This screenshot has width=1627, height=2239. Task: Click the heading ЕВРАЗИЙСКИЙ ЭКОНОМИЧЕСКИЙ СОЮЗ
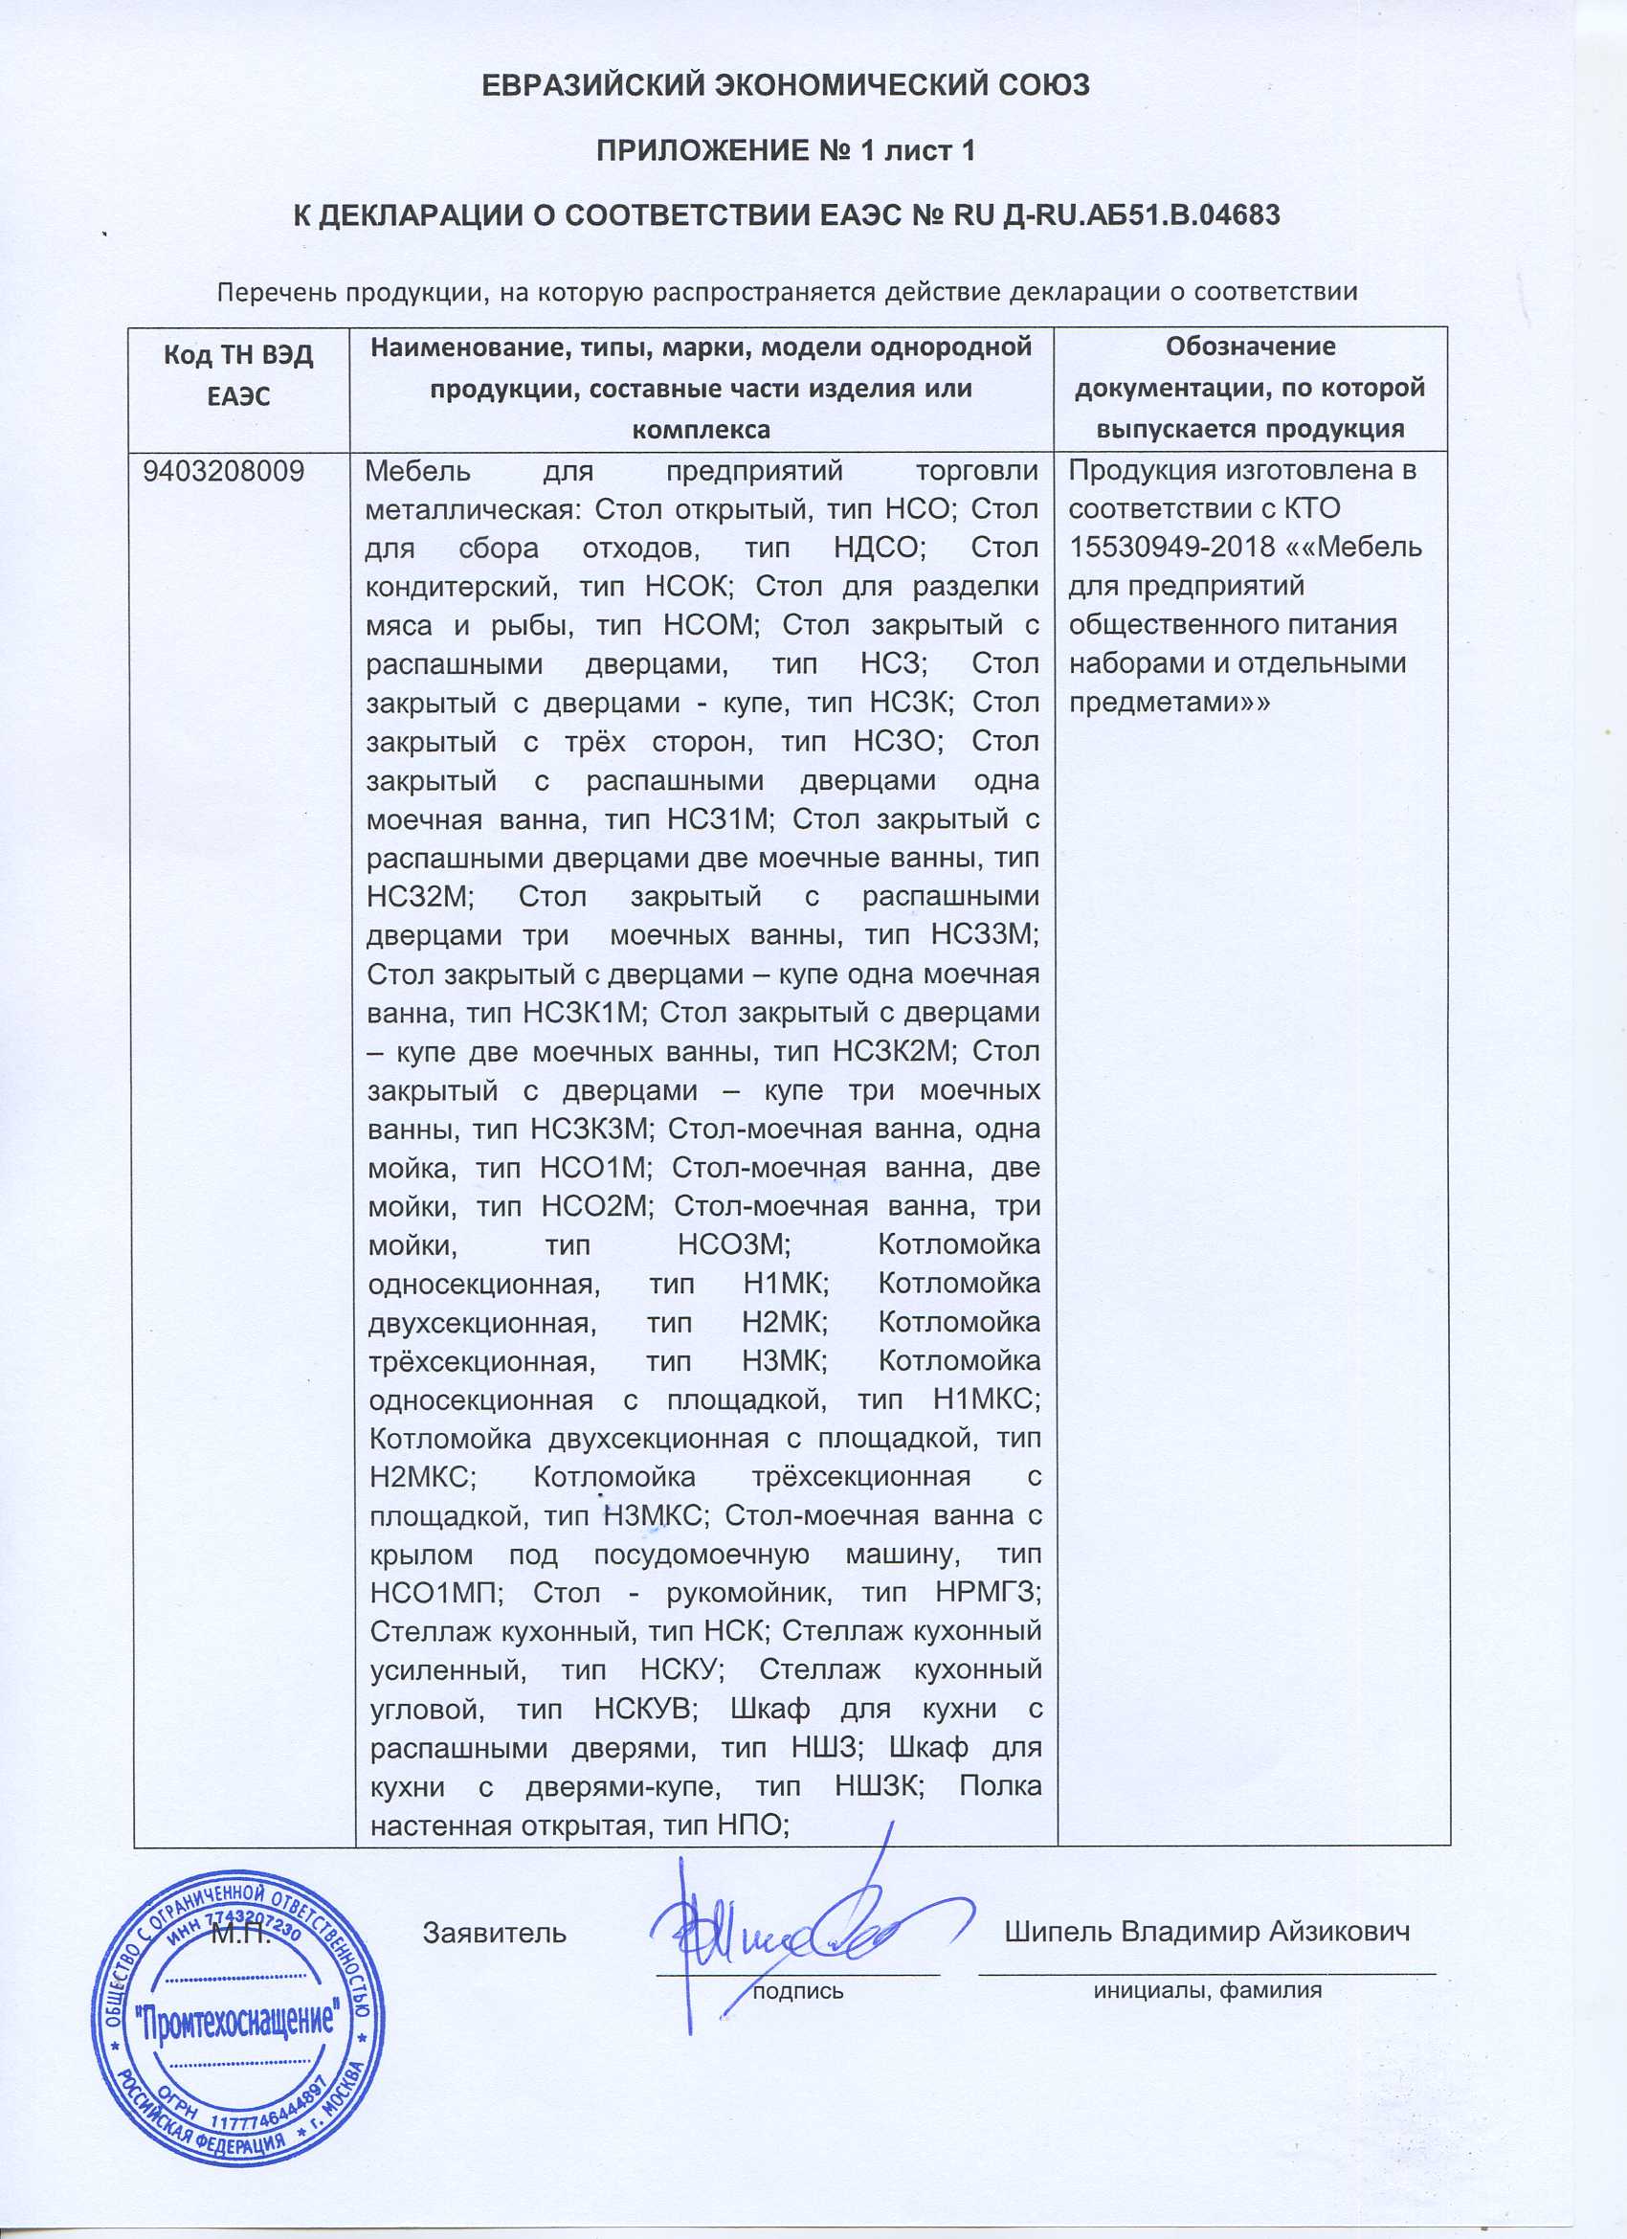[785, 86]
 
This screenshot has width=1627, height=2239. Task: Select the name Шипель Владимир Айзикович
[1207, 1932]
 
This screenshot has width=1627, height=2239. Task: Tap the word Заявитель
[495, 1933]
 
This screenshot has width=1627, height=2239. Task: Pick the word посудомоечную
[701, 1554]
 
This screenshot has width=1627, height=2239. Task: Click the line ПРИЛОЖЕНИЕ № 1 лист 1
[785, 150]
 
